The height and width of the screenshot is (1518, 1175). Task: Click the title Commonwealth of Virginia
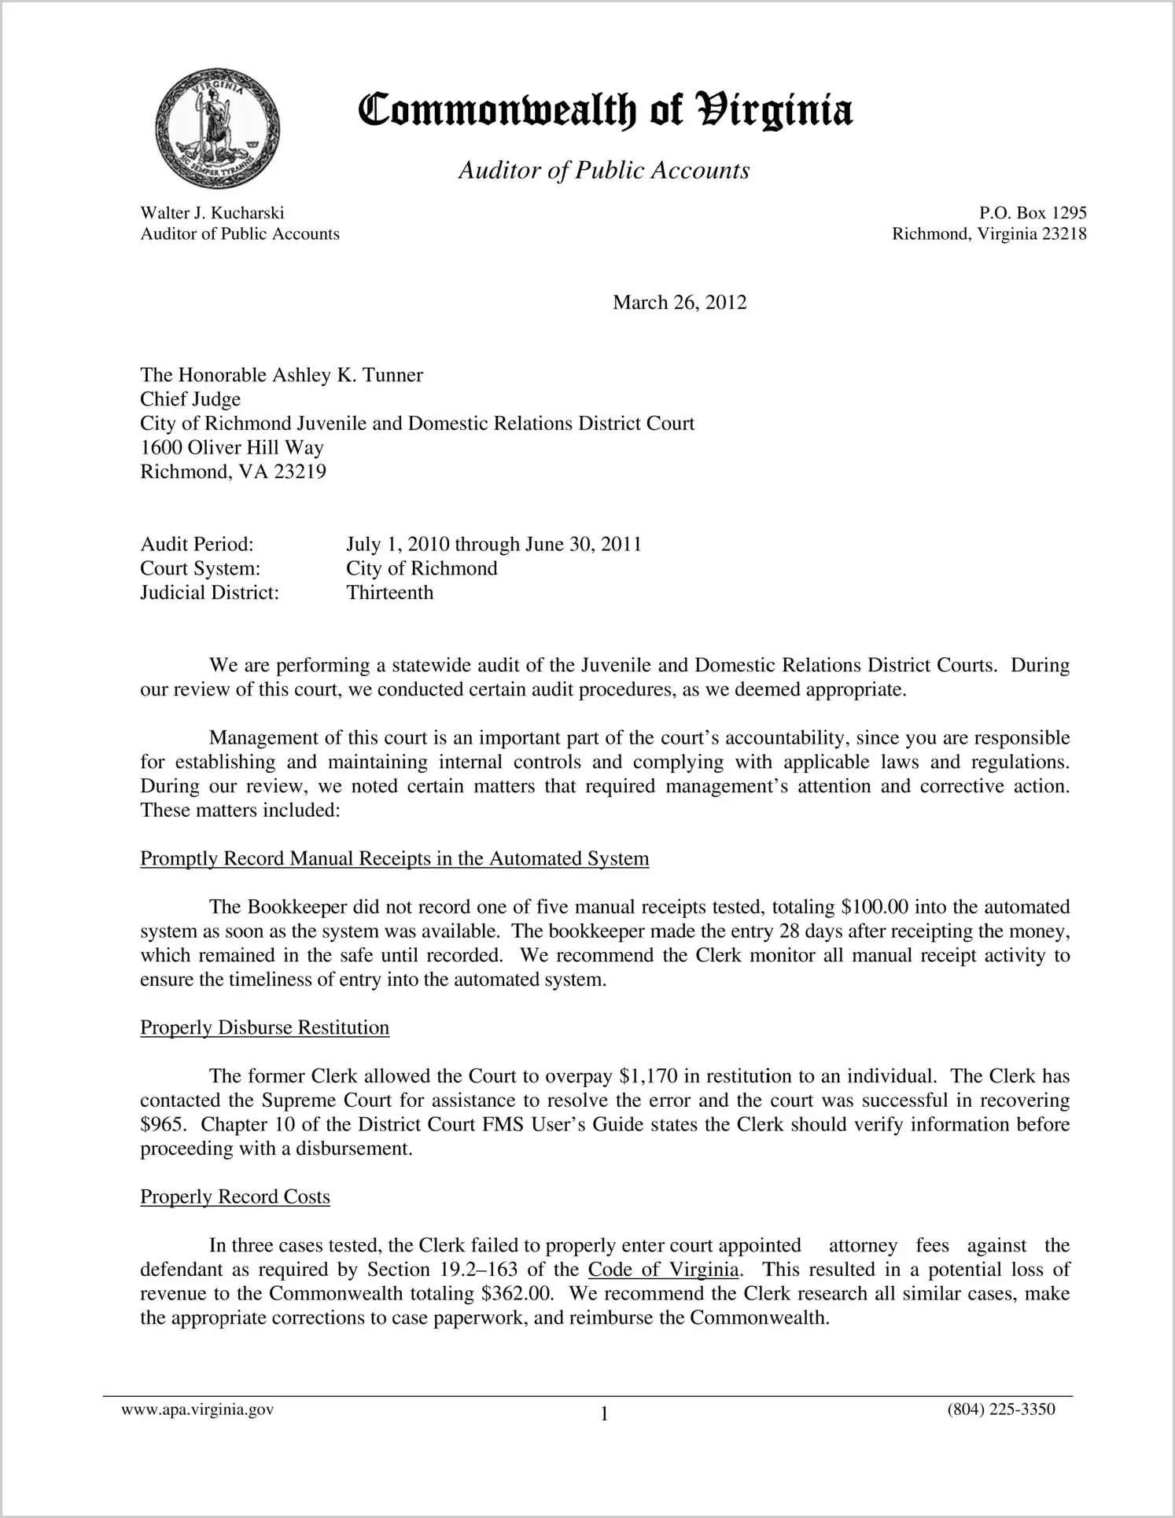[605, 110]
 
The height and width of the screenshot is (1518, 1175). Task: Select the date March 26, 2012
[680, 303]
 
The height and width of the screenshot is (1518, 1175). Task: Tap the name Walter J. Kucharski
[212, 213]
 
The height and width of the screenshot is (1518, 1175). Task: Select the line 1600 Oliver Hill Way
[232, 448]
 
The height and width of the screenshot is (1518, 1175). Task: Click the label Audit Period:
[197, 544]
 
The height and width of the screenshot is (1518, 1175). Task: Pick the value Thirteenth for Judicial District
[390, 593]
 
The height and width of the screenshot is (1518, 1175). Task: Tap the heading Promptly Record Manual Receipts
[394, 858]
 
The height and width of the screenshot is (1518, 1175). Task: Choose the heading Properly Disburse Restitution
[264, 1028]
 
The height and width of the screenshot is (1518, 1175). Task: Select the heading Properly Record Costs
[234, 1197]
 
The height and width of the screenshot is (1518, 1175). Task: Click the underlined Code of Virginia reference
[663, 1270]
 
